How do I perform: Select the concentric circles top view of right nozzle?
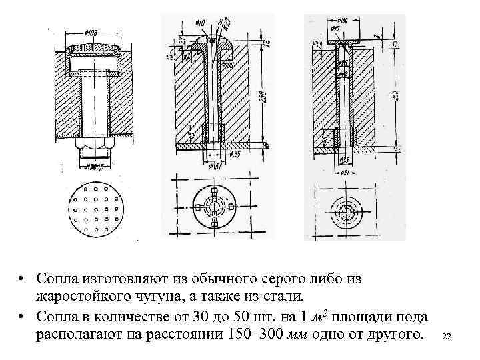(346, 210)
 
